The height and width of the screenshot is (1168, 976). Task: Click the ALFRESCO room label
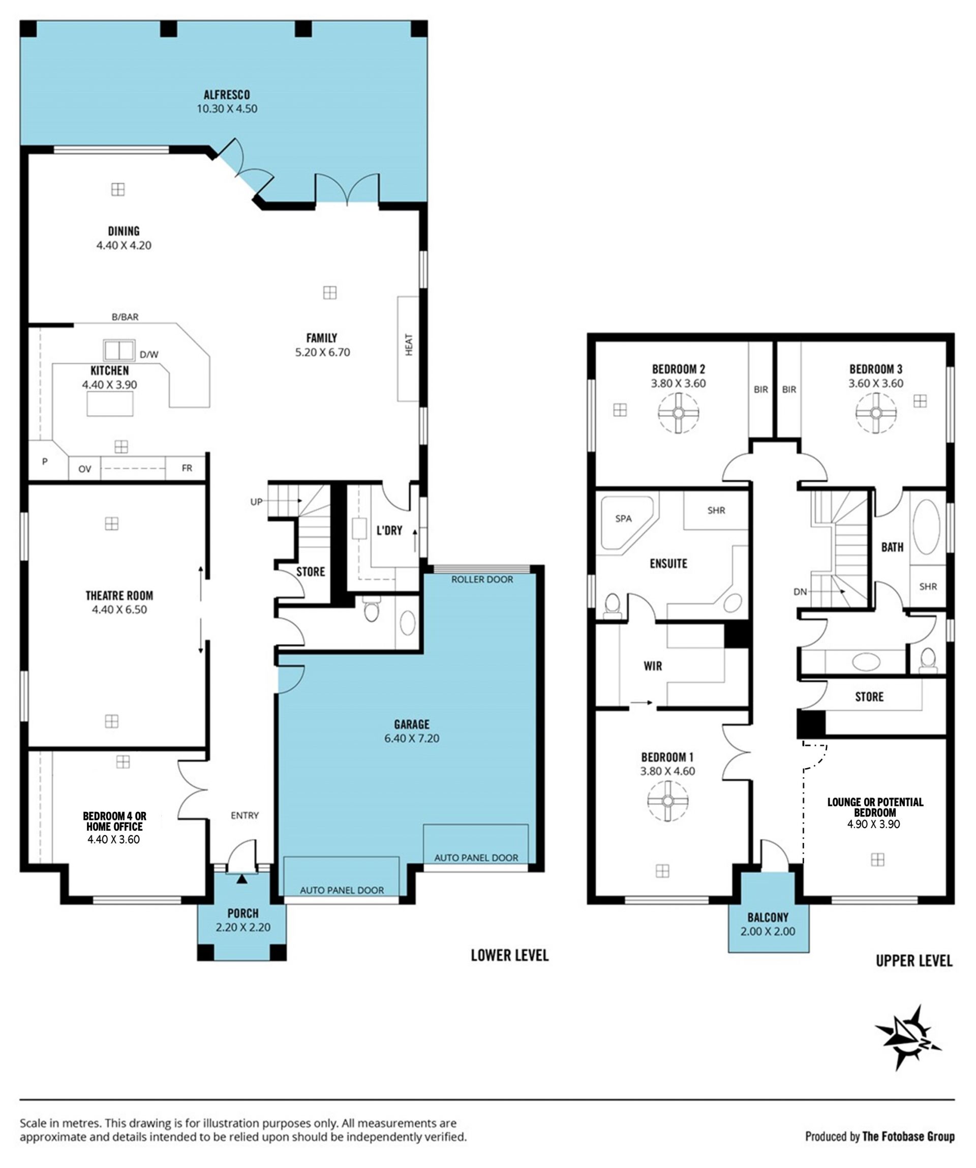(227, 95)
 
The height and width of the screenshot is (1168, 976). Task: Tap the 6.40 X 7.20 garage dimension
(412, 739)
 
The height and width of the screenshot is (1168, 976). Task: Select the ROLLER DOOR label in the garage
(482, 579)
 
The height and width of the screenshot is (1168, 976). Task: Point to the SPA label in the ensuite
(623, 518)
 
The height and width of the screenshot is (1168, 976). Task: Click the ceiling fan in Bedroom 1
(667, 801)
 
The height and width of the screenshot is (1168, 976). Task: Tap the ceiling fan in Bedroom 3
(876, 413)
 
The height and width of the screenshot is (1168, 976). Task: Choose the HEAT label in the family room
(409, 344)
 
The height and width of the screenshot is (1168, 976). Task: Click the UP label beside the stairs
(256, 502)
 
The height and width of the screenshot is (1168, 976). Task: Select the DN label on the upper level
(800, 592)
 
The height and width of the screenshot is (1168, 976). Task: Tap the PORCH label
(243, 913)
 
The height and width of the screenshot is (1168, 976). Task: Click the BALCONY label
(768, 918)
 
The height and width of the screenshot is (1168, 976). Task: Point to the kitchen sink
(119, 351)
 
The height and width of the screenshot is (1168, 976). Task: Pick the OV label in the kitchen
(84, 469)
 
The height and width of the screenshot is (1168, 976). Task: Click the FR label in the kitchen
(187, 469)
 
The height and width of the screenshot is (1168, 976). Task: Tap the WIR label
(653, 666)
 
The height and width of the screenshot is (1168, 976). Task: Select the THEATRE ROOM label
(119, 596)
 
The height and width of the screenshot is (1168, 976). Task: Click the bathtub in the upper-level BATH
(926, 527)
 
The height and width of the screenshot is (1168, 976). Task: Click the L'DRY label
(389, 531)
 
